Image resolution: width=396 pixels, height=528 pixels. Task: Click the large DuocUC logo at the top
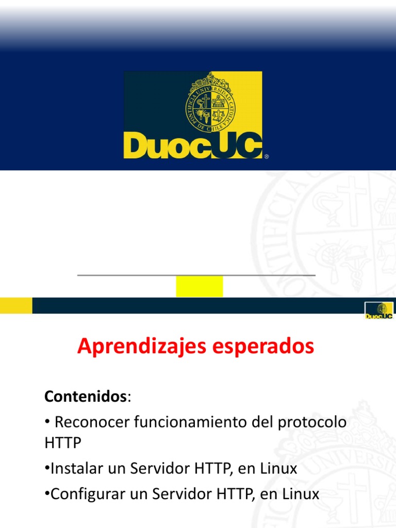(x=193, y=115)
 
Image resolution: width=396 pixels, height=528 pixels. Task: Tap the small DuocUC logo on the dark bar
(x=378, y=310)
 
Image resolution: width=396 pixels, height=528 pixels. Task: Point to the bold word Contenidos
(x=85, y=397)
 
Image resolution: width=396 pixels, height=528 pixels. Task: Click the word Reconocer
(x=92, y=422)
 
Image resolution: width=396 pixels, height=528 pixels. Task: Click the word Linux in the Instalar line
(x=278, y=469)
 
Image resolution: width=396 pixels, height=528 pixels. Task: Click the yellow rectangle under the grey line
(x=199, y=286)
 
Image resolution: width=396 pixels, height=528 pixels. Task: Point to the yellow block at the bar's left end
(x=16, y=305)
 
